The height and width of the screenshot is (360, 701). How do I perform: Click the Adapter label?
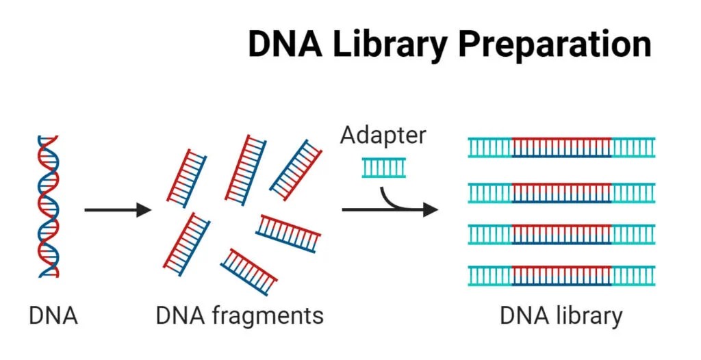click(383, 135)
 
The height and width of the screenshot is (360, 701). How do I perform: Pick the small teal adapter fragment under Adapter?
click(383, 167)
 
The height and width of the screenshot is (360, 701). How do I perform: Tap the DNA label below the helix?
click(53, 316)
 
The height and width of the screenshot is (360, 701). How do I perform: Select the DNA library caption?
click(561, 316)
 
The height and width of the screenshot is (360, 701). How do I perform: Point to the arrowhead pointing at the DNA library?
click(430, 209)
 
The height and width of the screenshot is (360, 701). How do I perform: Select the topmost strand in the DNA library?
click(561, 147)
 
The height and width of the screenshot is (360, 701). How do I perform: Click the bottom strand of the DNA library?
click(561, 275)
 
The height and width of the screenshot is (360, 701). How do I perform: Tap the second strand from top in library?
click(561, 192)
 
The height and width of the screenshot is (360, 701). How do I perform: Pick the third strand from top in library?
click(561, 235)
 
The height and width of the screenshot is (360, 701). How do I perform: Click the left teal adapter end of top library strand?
click(490, 147)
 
